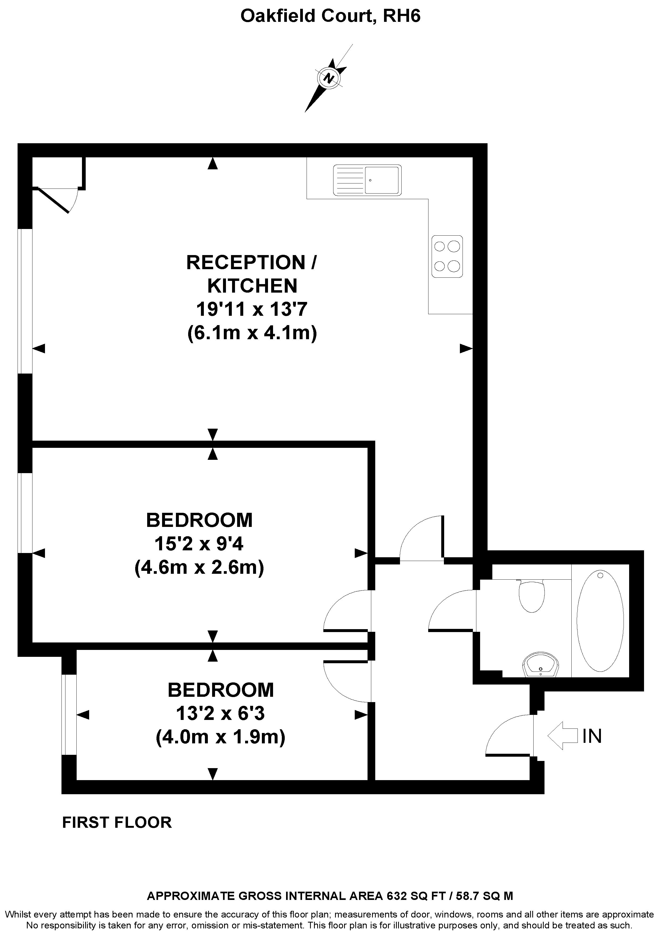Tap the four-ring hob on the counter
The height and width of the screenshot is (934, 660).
(447, 257)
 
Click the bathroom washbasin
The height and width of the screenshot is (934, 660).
(541, 665)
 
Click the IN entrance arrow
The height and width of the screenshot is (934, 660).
(562, 735)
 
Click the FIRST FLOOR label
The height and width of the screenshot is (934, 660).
(117, 822)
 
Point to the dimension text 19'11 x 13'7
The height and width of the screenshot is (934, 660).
(252, 309)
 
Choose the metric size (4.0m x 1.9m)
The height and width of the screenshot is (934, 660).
(220, 737)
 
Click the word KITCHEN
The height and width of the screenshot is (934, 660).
(252, 286)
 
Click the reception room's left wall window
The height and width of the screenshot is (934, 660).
(25, 301)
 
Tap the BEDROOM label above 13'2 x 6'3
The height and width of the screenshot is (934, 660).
(220, 690)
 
